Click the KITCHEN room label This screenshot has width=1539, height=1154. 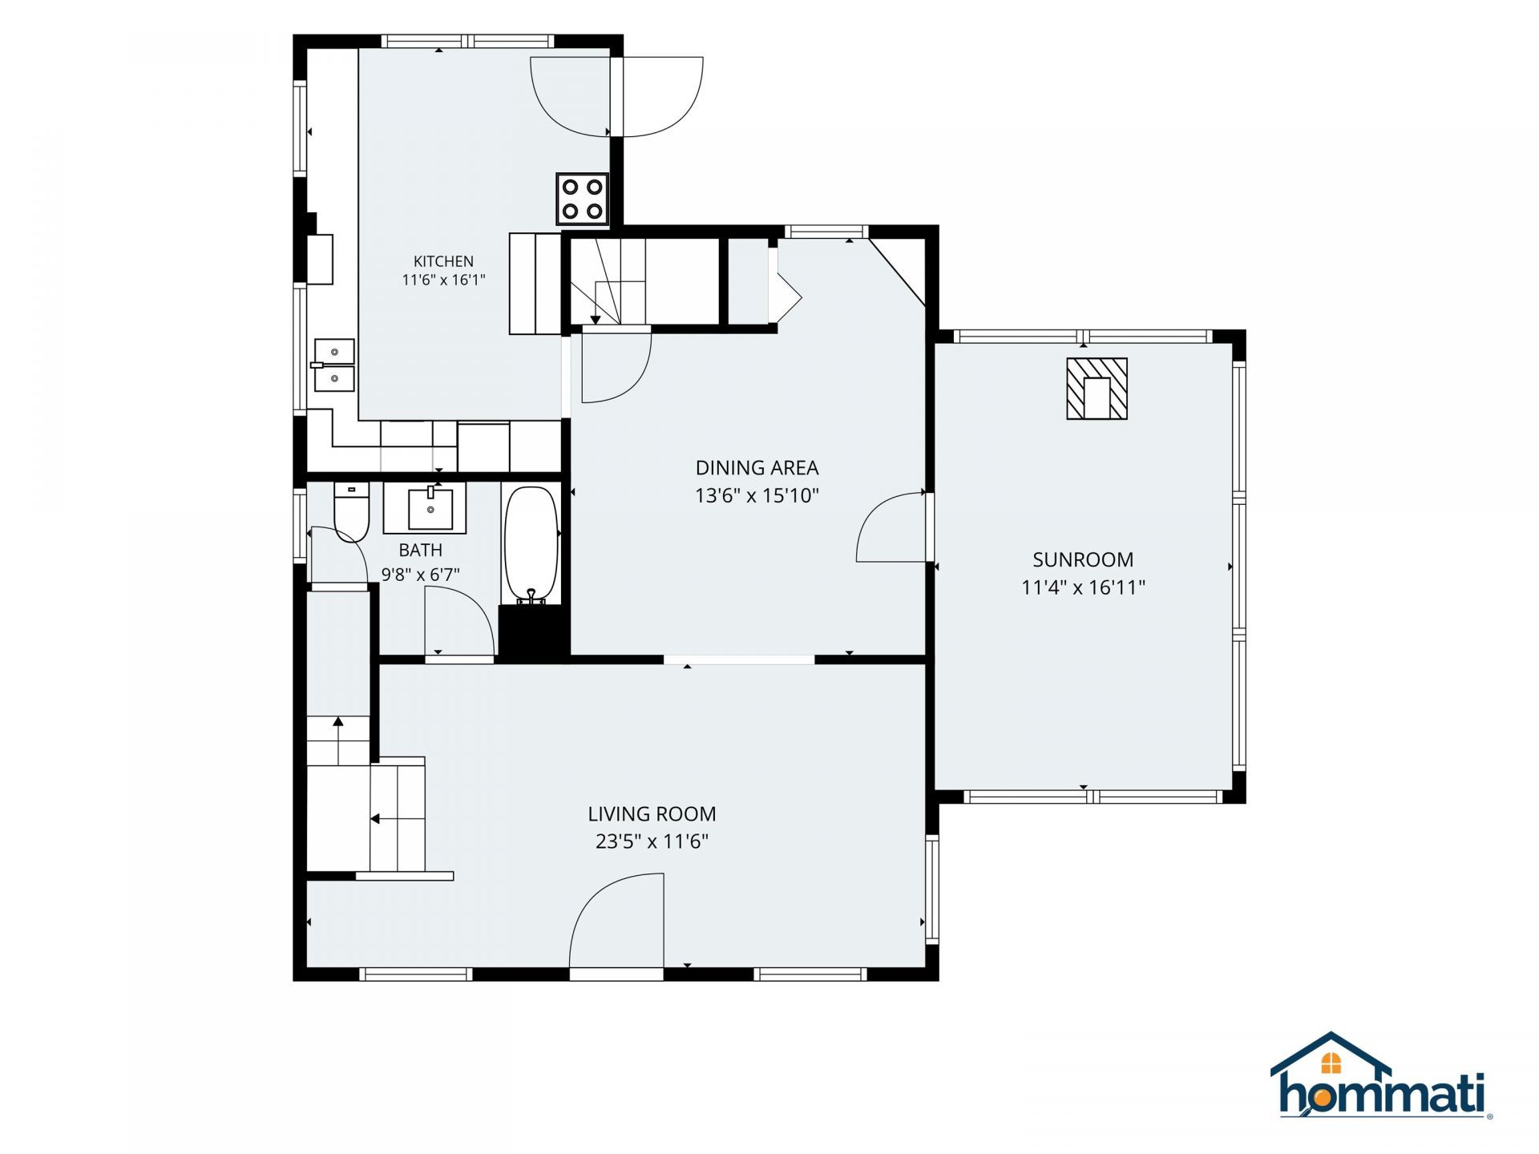(443, 261)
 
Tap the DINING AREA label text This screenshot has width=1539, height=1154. (757, 468)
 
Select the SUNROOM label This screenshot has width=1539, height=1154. (1083, 559)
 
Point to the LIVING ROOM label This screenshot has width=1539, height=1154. (652, 814)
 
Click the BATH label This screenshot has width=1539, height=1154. (421, 550)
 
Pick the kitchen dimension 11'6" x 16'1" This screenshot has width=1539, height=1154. (443, 280)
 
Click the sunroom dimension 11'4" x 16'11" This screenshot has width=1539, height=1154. (1083, 587)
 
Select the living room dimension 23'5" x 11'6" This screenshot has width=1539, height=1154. (652, 841)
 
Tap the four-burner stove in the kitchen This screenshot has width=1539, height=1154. (583, 199)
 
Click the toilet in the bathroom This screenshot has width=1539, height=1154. (351, 512)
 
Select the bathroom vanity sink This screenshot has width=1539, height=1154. (424, 508)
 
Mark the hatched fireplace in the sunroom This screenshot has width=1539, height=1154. (1097, 389)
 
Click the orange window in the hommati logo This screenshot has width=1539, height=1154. (1331, 1063)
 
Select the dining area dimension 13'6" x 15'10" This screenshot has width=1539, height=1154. (757, 496)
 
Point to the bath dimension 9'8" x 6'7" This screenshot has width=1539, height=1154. (421, 575)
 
